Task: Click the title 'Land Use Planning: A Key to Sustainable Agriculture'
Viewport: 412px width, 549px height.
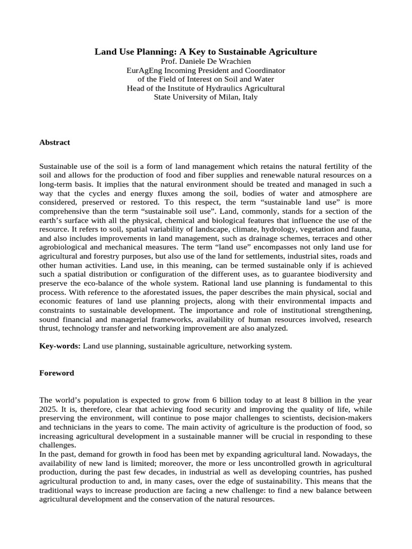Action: click(206, 52)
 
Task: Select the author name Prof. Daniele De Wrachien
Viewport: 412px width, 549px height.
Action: click(206, 62)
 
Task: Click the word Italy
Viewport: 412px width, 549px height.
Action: click(248, 97)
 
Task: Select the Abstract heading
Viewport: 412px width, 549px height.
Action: click(55, 143)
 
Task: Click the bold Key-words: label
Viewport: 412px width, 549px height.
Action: click(60, 346)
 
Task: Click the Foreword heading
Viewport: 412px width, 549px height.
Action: click(57, 373)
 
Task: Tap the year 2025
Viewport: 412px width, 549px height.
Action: click(49, 409)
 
